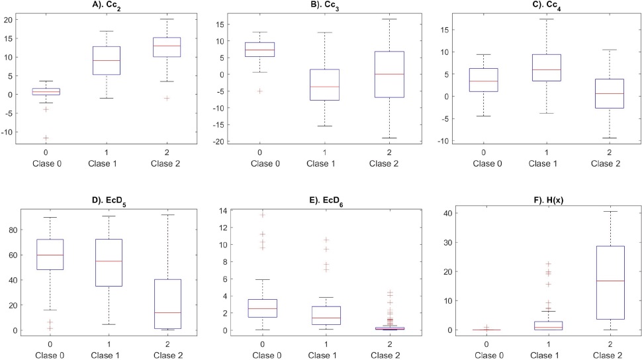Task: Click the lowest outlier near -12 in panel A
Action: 46,138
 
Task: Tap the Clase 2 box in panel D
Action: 167,294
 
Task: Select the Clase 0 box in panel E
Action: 263,308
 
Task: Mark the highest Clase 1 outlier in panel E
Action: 326,240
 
